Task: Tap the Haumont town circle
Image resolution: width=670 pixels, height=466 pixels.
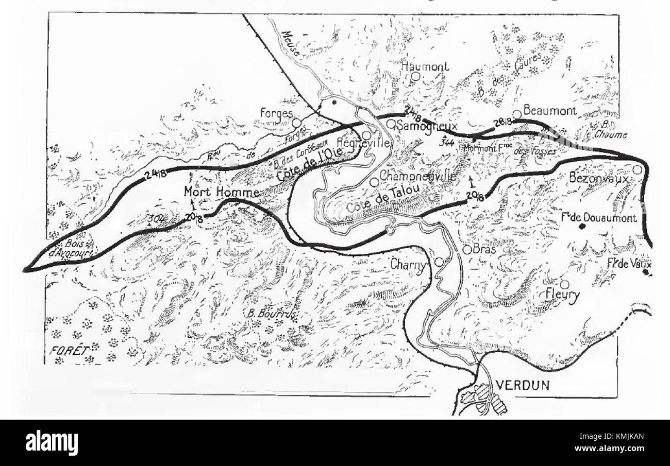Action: (415, 76)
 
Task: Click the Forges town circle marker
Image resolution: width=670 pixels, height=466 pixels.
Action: (296, 123)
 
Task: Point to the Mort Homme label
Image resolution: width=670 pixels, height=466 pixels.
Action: (213, 192)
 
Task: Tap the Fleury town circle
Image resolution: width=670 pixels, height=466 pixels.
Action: (564, 284)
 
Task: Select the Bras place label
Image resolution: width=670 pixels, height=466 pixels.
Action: (485, 250)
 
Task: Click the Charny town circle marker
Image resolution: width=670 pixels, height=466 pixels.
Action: (439, 262)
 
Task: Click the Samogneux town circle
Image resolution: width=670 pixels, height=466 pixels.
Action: (391, 124)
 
